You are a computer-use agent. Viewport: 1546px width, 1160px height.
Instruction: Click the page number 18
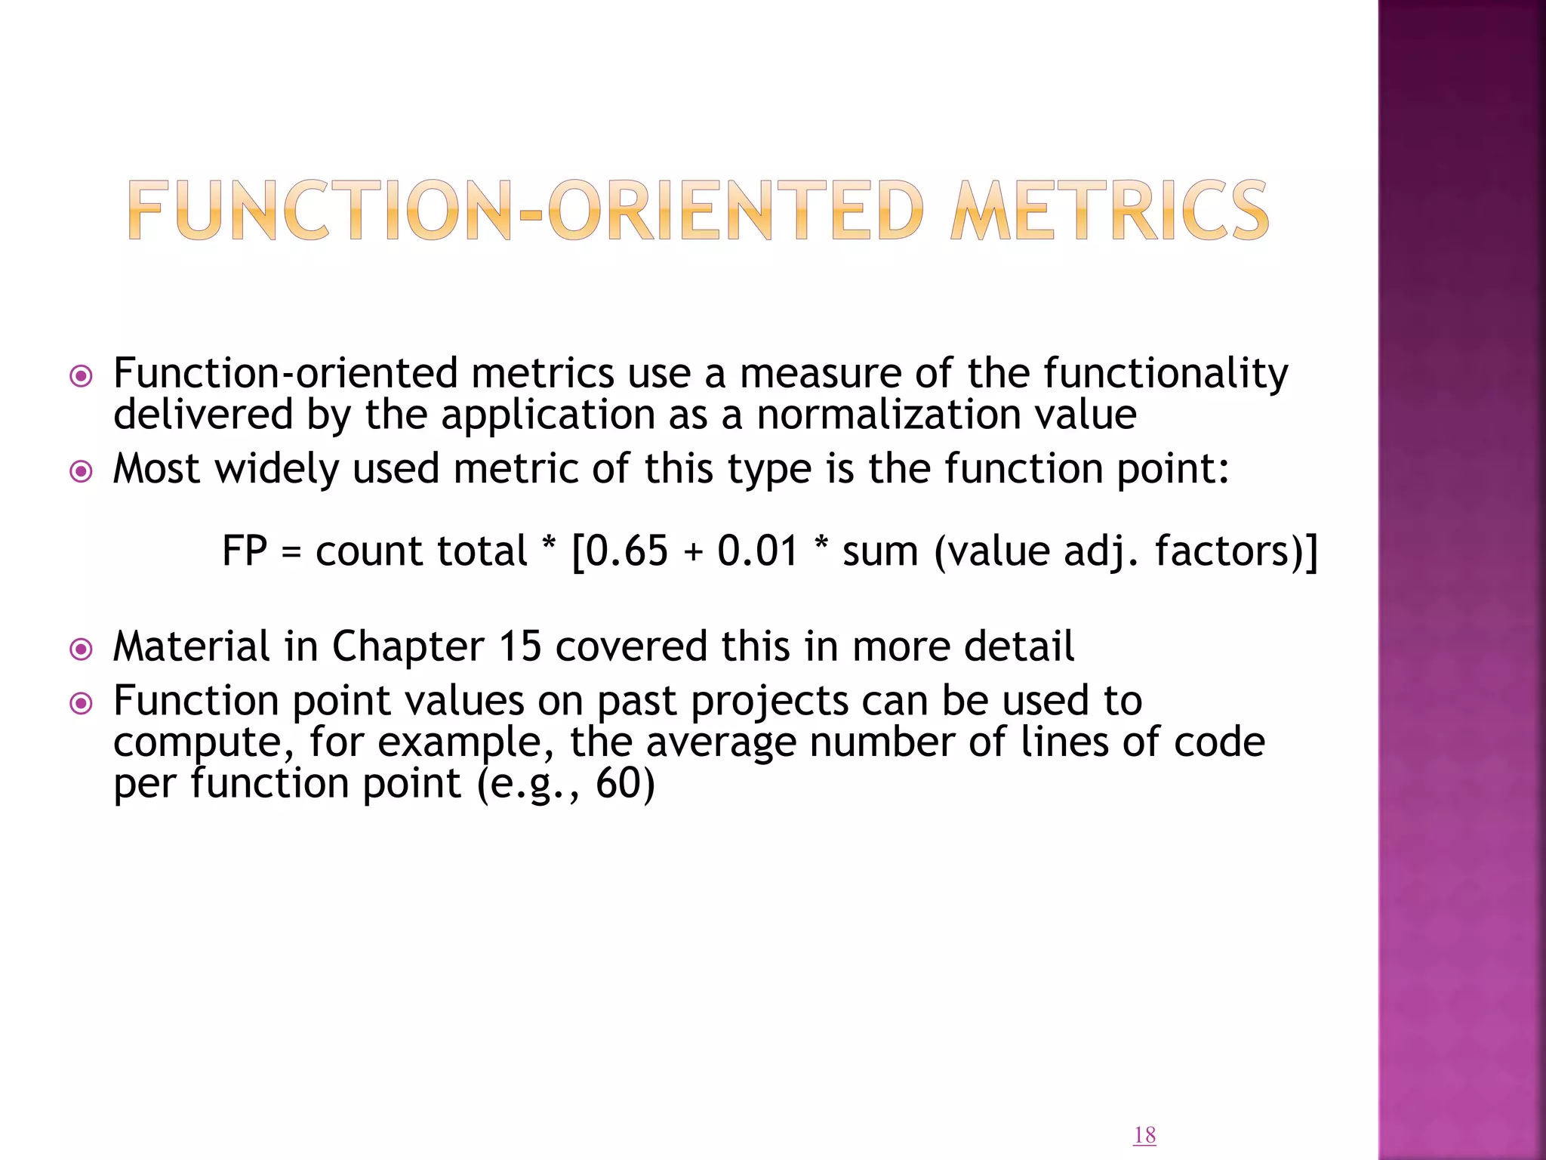1144,1135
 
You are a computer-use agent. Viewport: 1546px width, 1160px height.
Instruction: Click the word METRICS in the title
1110,211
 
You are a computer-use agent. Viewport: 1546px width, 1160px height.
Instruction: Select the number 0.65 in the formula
627,551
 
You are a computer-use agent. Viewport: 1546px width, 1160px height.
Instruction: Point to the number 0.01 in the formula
757,551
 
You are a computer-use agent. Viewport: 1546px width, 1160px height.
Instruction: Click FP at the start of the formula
245,551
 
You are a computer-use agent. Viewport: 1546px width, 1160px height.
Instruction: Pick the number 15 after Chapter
520,646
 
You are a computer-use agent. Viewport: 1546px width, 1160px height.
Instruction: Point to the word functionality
1166,374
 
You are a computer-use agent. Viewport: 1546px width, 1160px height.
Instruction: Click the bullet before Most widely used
81,472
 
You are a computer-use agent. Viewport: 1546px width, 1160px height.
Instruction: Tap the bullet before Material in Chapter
81,649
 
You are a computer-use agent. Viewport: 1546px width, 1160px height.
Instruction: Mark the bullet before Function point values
81,704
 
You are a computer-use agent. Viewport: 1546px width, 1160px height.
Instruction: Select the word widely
277,469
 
